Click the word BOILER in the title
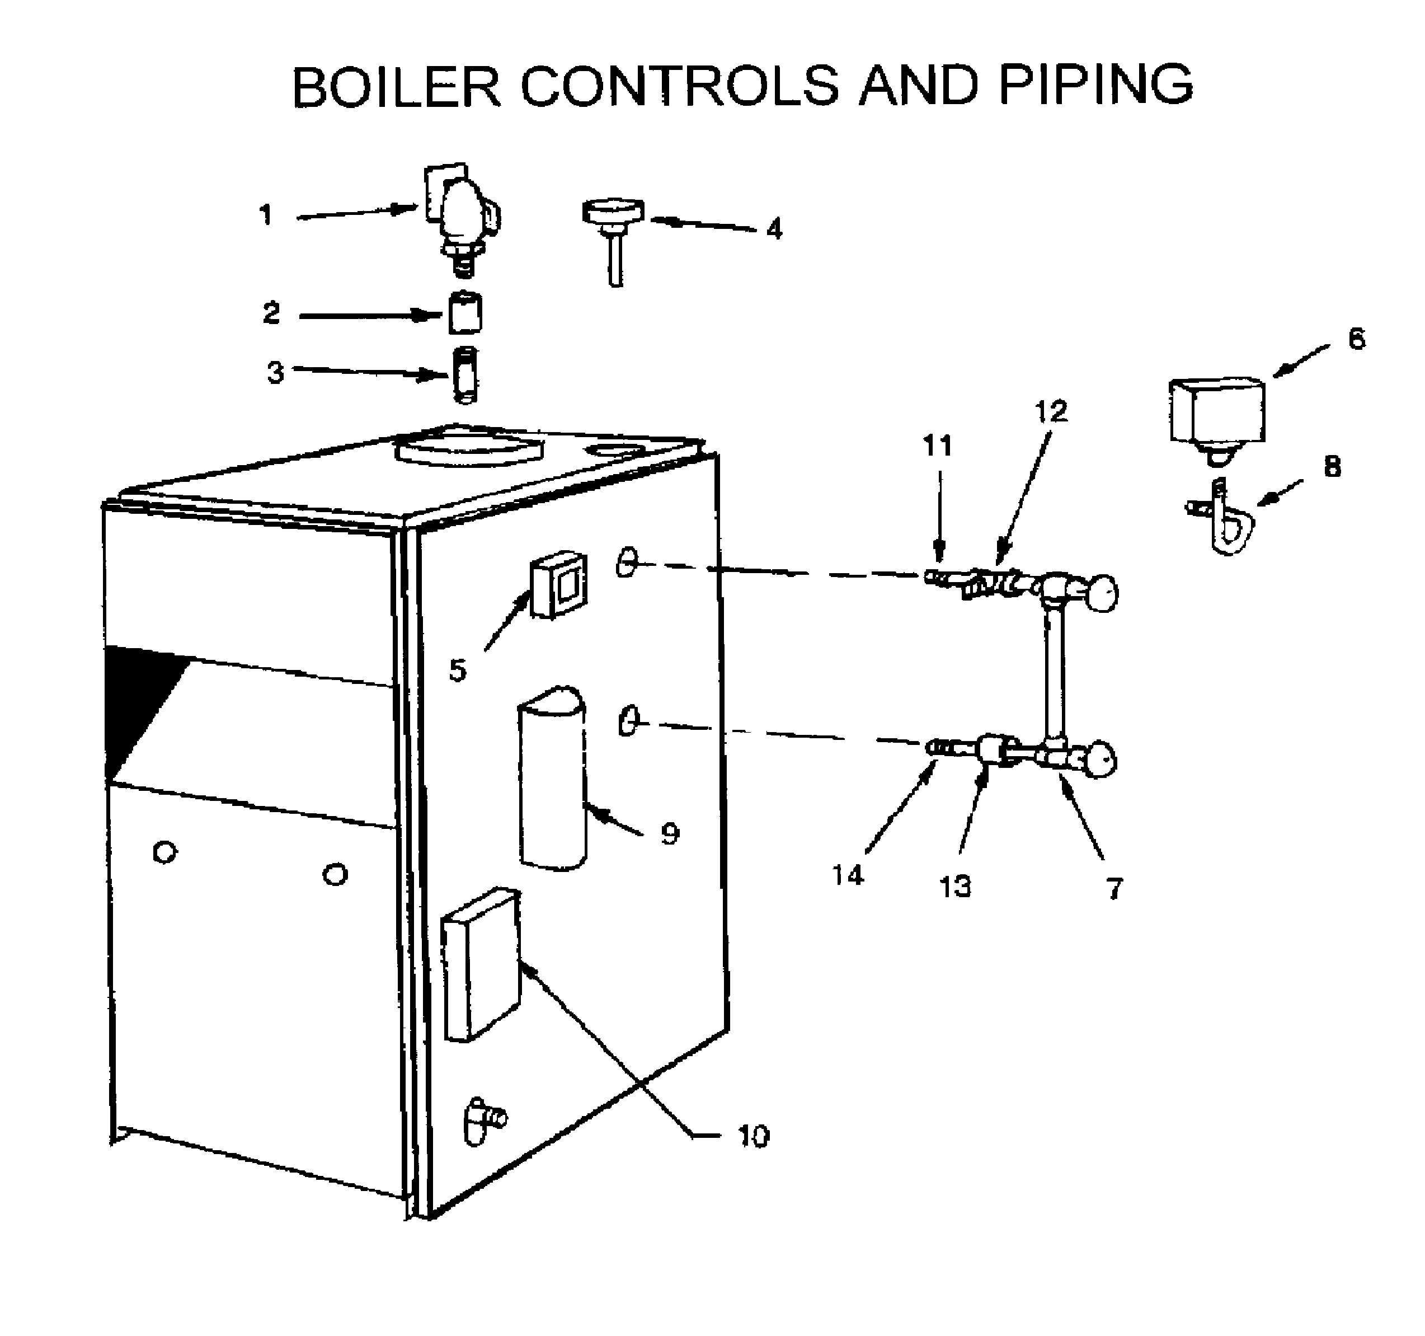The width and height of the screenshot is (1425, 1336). (396, 87)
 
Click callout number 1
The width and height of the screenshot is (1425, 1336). (266, 214)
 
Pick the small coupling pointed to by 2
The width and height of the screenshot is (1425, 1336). (465, 313)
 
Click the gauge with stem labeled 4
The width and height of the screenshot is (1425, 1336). (613, 229)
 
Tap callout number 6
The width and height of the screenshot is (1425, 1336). (1356, 339)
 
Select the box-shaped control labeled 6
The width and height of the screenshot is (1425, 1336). (1216, 411)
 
